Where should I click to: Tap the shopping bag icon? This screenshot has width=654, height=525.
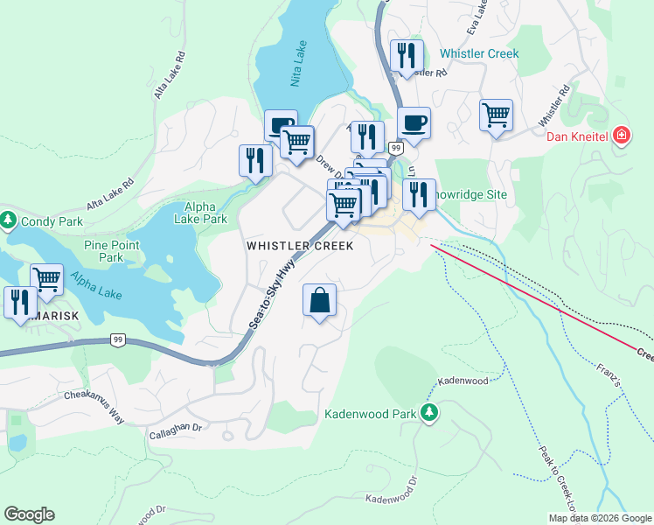point(320,300)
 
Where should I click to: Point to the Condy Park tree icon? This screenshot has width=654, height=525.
point(8,220)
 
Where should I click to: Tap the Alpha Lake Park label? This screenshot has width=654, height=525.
point(200,213)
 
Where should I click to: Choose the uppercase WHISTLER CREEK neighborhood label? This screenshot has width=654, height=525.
point(300,246)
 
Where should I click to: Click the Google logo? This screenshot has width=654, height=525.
point(29,514)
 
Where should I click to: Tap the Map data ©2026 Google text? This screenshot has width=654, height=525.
point(600,518)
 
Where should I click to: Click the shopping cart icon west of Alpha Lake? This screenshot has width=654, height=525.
point(46,280)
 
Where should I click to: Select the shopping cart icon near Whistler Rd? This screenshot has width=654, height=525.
point(496,115)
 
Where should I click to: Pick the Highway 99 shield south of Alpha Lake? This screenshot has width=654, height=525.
point(117,339)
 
